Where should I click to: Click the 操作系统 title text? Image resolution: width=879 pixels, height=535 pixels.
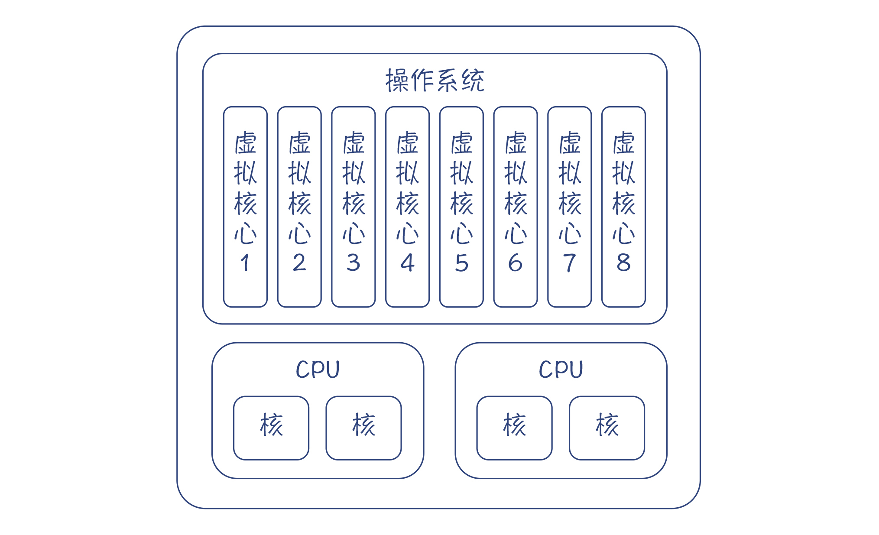coord(435,81)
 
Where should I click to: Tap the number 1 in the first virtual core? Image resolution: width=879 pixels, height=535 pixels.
coord(245,263)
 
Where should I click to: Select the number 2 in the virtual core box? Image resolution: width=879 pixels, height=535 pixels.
coord(299,263)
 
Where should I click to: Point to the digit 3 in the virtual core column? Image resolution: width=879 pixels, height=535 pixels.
coord(354,263)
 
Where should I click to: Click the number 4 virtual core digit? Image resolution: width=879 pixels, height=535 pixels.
coord(407,263)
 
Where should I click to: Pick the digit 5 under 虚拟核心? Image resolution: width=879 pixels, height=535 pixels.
coord(461,263)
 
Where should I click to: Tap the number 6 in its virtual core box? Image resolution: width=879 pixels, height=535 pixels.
coord(516,263)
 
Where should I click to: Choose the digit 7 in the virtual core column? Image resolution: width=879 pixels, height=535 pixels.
coord(569,263)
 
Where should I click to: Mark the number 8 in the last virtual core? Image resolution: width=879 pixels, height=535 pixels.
coord(623,263)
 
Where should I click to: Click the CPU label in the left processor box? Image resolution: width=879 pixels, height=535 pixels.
coord(318,370)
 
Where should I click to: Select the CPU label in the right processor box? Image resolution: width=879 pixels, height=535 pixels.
coord(561,370)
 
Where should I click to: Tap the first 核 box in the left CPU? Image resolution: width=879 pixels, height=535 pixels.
coord(271,428)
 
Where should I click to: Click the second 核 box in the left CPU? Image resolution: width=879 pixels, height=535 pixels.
coord(363,428)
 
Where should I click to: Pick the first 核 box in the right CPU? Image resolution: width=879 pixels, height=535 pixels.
coord(514,428)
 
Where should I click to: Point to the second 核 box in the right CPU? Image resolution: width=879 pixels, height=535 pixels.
coord(607,428)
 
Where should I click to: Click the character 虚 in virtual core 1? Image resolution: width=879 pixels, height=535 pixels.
coord(246,143)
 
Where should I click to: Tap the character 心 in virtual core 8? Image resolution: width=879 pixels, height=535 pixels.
coord(623,233)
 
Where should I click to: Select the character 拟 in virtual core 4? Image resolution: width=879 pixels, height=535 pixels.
coord(407,173)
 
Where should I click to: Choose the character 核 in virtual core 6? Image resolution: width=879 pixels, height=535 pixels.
coord(516,203)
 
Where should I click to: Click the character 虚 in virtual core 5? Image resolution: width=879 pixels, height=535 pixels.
coord(461,143)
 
